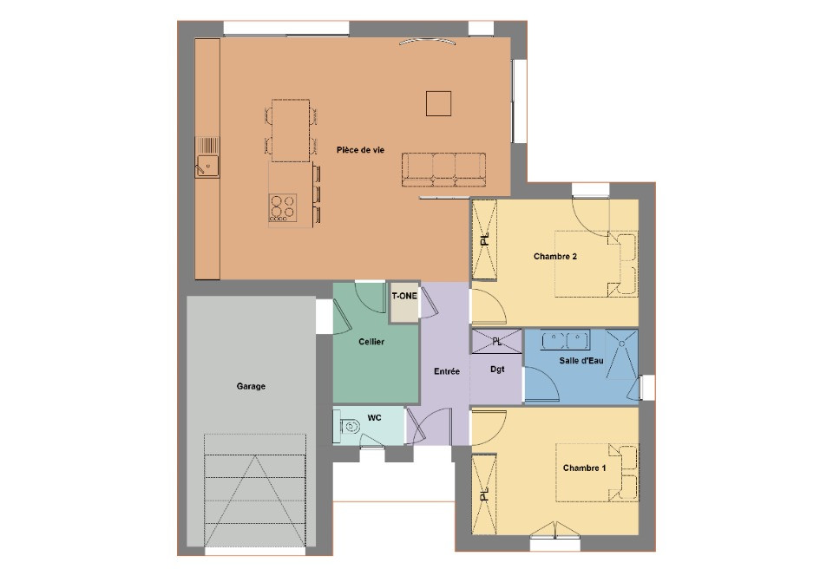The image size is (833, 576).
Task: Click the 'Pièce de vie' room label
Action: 360,150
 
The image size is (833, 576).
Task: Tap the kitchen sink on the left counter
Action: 208,157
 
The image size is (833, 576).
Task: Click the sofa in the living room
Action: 443,168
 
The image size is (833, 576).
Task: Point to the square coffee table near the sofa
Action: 438,103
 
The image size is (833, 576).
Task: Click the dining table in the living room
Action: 290,130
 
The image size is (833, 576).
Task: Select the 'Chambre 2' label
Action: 555,256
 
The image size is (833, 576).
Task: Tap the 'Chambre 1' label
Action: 584,468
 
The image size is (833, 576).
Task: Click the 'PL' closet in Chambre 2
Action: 484,239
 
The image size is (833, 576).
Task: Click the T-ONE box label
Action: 403,297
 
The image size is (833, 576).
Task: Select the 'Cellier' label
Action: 371,342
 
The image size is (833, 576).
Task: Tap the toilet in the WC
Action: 349,426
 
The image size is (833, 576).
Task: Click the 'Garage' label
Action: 251,386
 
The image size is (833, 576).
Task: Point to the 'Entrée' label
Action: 446,371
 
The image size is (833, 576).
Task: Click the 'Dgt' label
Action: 497,370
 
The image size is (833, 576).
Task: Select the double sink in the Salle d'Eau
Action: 565,338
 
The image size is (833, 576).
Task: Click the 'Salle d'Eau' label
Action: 580,359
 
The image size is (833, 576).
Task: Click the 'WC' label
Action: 374,418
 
